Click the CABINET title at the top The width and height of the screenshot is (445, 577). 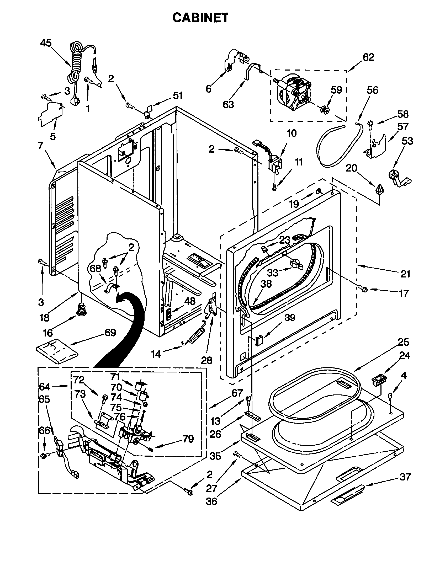click(200, 18)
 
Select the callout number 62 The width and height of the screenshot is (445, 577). click(368, 57)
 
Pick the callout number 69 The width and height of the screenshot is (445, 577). click(110, 333)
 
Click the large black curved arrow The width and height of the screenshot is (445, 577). click(124, 333)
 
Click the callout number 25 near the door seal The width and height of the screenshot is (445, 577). click(403, 342)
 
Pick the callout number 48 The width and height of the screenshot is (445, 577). click(190, 301)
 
